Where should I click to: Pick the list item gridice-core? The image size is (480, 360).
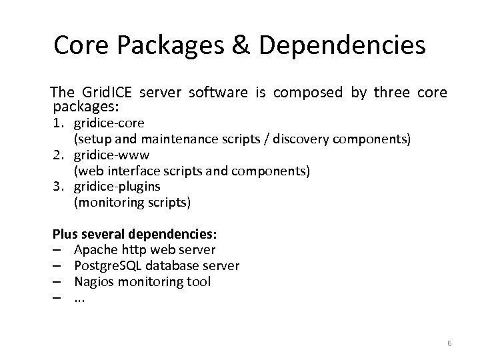pos(109,123)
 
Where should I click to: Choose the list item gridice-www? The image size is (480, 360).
pos(111,155)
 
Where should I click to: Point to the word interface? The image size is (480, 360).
pos(135,171)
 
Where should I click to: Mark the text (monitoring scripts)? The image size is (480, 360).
pos(132,202)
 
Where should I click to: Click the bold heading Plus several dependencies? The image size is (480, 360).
pos(139,235)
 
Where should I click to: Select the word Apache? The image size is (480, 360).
pos(95,250)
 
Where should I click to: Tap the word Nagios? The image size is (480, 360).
pos(95,281)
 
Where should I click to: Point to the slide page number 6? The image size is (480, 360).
pos(449,343)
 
